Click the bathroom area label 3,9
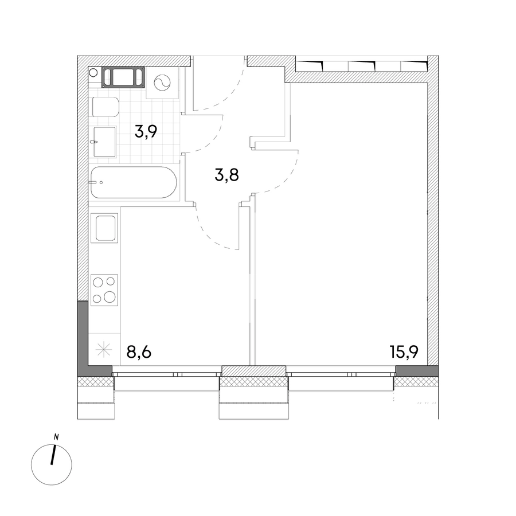click(146, 132)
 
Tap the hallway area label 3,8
click(226, 175)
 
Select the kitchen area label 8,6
click(139, 352)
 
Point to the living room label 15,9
click(404, 352)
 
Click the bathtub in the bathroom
click(134, 182)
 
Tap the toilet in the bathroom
click(105, 107)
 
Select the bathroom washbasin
click(105, 142)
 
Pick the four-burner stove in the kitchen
click(104, 290)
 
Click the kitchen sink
click(104, 228)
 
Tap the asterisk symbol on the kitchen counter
click(104, 350)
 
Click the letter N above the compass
click(56, 437)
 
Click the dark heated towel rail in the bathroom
click(123, 77)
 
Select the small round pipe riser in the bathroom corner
click(93, 72)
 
